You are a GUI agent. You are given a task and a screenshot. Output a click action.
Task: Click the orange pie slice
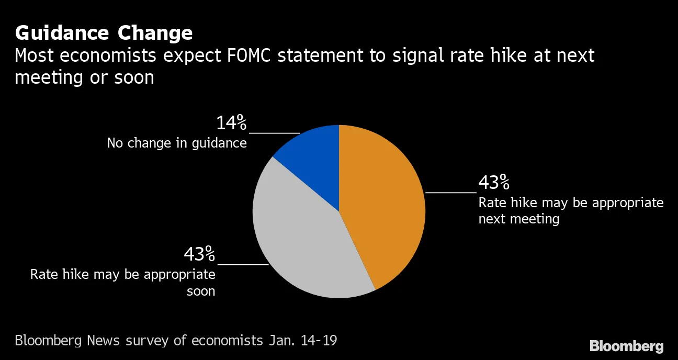click(385, 204)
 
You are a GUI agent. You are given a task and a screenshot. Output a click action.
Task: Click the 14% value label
click(231, 123)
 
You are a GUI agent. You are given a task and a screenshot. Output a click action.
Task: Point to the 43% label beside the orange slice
click(494, 183)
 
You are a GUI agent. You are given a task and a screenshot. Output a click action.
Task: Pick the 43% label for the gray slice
click(199, 254)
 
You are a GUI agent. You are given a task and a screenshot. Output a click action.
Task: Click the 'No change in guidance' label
click(177, 143)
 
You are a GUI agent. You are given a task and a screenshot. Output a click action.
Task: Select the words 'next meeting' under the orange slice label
click(518, 219)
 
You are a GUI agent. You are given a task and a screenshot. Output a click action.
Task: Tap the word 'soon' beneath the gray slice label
click(201, 291)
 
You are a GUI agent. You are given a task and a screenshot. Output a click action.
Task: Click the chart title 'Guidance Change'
click(104, 33)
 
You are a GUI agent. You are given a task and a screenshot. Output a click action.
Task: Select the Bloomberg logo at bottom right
click(626, 346)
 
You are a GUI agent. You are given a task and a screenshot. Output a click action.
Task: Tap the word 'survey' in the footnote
click(154, 341)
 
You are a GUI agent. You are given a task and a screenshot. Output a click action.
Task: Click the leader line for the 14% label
click(274, 133)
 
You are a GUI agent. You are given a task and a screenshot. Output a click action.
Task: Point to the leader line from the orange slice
click(451, 193)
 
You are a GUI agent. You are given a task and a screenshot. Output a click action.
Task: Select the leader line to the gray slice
click(242, 264)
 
